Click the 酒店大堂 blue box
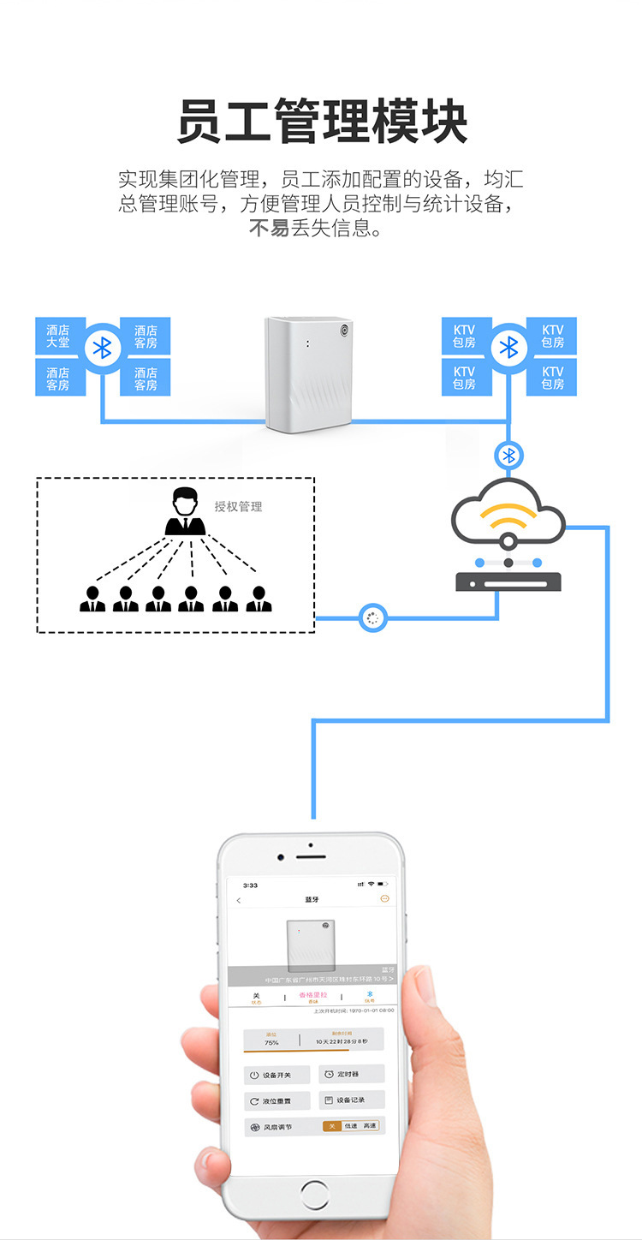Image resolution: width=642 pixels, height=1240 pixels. point(58,336)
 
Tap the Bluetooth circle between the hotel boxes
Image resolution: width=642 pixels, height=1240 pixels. point(103,347)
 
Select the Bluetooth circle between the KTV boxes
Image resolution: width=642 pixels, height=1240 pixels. point(509,347)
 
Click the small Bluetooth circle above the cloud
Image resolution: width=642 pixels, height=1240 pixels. point(509,455)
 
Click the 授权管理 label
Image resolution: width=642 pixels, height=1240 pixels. point(238,506)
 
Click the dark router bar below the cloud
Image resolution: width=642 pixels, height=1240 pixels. point(508,582)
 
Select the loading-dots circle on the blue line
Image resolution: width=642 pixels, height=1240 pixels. point(372,617)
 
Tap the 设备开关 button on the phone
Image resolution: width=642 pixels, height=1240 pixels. point(276,1075)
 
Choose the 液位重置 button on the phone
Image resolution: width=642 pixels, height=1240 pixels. point(276,1101)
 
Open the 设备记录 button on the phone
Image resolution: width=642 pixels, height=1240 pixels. point(351,1100)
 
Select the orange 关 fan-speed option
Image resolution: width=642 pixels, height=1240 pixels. point(332,1125)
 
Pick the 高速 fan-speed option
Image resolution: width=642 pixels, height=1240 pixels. point(369,1125)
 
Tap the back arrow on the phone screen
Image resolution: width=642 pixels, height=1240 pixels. point(239,900)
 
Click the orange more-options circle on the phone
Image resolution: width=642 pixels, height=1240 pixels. point(384,898)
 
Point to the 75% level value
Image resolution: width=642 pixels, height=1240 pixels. point(271,1042)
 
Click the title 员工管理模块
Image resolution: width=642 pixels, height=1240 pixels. point(322,122)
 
